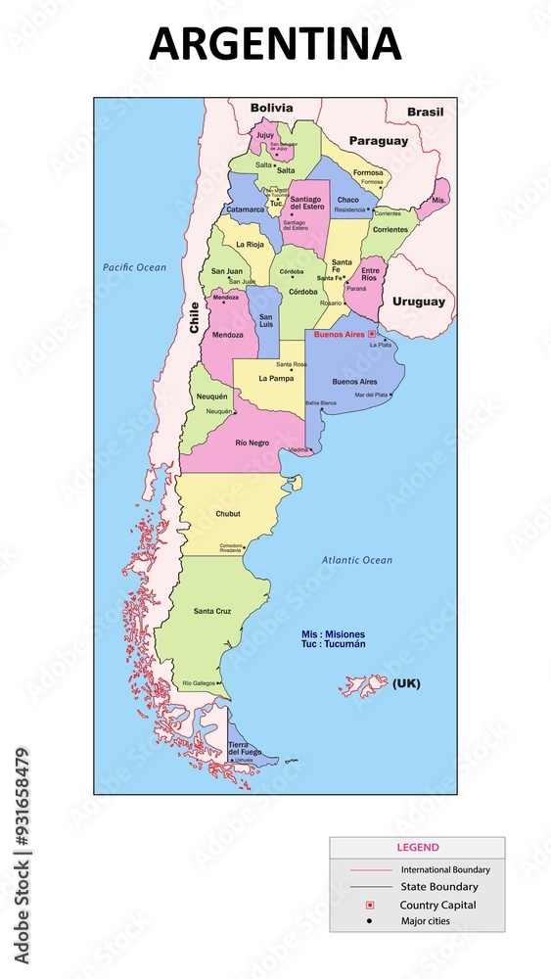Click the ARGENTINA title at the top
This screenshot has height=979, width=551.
pyautogui.click(x=275, y=44)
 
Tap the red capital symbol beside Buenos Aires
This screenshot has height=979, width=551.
pyautogui.click(x=371, y=334)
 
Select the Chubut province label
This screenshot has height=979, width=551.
pyautogui.click(x=228, y=514)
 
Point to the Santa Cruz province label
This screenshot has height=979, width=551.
pyautogui.click(x=212, y=612)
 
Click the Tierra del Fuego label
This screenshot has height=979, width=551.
pyautogui.click(x=245, y=748)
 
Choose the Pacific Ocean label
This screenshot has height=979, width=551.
pyautogui.click(x=135, y=267)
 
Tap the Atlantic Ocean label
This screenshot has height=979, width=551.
pyautogui.click(x=357, y=560)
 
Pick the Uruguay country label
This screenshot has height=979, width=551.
pyautogui.click(x=418, y=302)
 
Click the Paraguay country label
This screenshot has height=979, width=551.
pyautogui.click(x=379, y=141)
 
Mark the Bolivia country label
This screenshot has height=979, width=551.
pyautogui.click(x=271, y=108)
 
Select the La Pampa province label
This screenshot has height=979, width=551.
pyautogui.click(x=276, y=378)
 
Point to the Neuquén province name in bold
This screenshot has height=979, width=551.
pyautogui.click(x=212, y=396)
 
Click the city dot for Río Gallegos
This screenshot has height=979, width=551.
pyautogui.click(x=220, y=683)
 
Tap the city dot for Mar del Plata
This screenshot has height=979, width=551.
pyautogui.click(x=391, y=395)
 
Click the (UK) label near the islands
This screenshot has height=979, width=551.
pyautogui.click(x=406, y=683)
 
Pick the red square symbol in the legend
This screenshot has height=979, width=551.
pyautogui.click(x=370, y=905)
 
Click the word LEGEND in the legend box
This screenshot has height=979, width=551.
pyautogui.click(x=417, y=848)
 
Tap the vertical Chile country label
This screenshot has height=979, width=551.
pyautogui.click(x=194, y=318)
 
